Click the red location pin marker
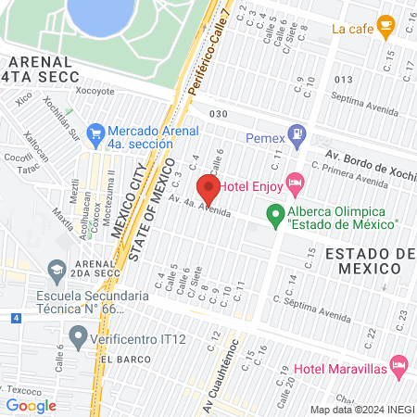pos(206,190)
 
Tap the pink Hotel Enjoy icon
pos(296,183)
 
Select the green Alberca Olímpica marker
pos(275,216)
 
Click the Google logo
pos(31,405)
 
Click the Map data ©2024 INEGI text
pos(361,410)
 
